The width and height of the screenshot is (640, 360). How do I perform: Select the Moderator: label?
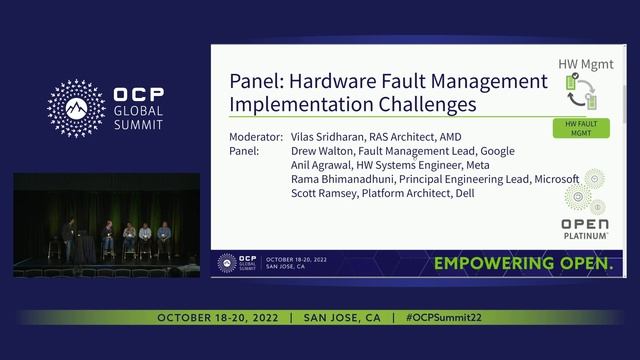tap(256, 135)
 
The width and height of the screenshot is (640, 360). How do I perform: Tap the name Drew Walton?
tap(323, 150)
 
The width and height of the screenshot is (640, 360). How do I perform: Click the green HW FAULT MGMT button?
tap(575, 128)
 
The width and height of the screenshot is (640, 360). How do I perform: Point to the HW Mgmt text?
tap(583, 62)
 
